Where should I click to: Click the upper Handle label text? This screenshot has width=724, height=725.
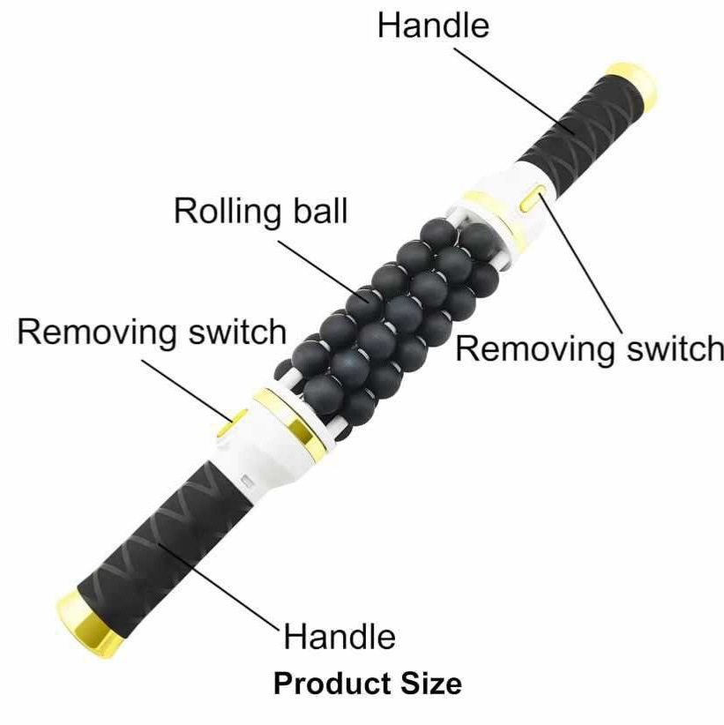tap(433, 26)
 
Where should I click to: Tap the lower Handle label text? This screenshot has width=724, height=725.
tap(340, 636)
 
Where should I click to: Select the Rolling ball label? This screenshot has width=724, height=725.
tap(260, 212)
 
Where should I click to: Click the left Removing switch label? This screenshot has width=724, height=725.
tap(152, 332)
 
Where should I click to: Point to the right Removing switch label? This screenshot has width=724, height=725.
tap(589, 348)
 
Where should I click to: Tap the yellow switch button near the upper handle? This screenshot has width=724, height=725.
tap(532, 197)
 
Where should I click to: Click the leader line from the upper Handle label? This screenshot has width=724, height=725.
tap(515, 91)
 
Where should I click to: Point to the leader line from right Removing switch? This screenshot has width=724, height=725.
tap(580, 263)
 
